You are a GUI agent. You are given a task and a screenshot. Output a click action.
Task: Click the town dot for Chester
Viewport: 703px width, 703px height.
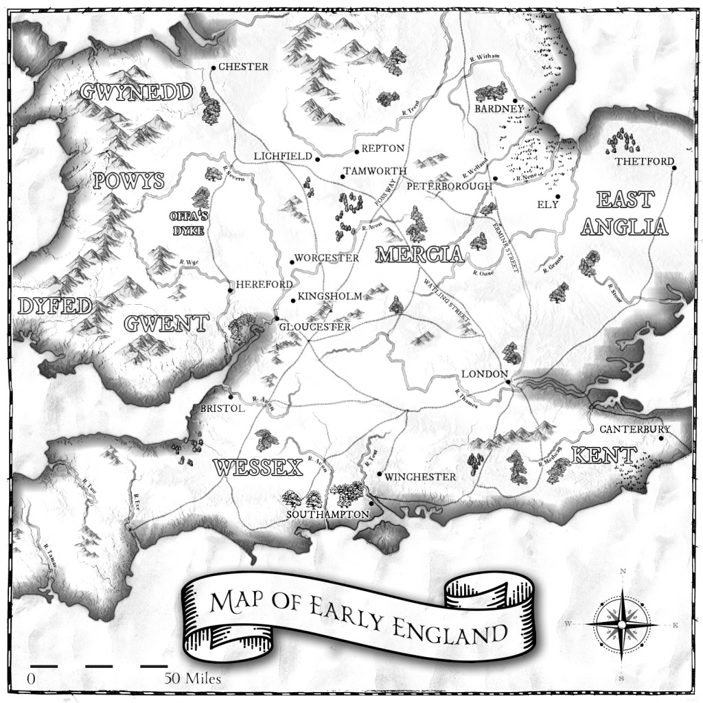[x=214, y=67]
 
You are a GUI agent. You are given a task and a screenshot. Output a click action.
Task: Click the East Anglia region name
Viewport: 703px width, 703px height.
[x=623, y=214]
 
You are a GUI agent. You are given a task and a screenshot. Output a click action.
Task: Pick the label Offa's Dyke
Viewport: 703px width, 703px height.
[x=187, y=223]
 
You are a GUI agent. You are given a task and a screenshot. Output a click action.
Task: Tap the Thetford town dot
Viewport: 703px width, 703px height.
[x=674, y=168]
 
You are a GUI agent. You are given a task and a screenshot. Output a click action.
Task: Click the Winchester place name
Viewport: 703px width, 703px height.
[x=421, y=476]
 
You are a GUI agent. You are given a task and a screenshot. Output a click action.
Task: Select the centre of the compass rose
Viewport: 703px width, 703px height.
[x=621, y=624]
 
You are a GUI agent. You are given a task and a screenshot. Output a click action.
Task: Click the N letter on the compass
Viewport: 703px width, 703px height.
[x=622, y=571]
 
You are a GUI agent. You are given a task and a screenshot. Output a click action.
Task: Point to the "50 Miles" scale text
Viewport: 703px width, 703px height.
[x=192, y=679]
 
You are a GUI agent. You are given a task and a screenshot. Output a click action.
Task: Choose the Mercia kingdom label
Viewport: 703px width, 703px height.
[x=419, y=255]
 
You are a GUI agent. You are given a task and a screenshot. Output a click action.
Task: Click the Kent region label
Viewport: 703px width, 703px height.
[x=605, y=455]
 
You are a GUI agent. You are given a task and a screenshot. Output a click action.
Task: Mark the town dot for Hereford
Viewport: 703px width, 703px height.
[x=231, y=290]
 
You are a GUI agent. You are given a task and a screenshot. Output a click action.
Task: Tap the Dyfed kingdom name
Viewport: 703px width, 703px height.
[x=54, y=306]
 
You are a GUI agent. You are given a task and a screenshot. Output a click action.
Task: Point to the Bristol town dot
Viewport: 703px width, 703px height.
[x=231, y=396]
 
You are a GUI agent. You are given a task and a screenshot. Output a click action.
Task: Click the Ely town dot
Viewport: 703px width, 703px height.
[x=557, y=197]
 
